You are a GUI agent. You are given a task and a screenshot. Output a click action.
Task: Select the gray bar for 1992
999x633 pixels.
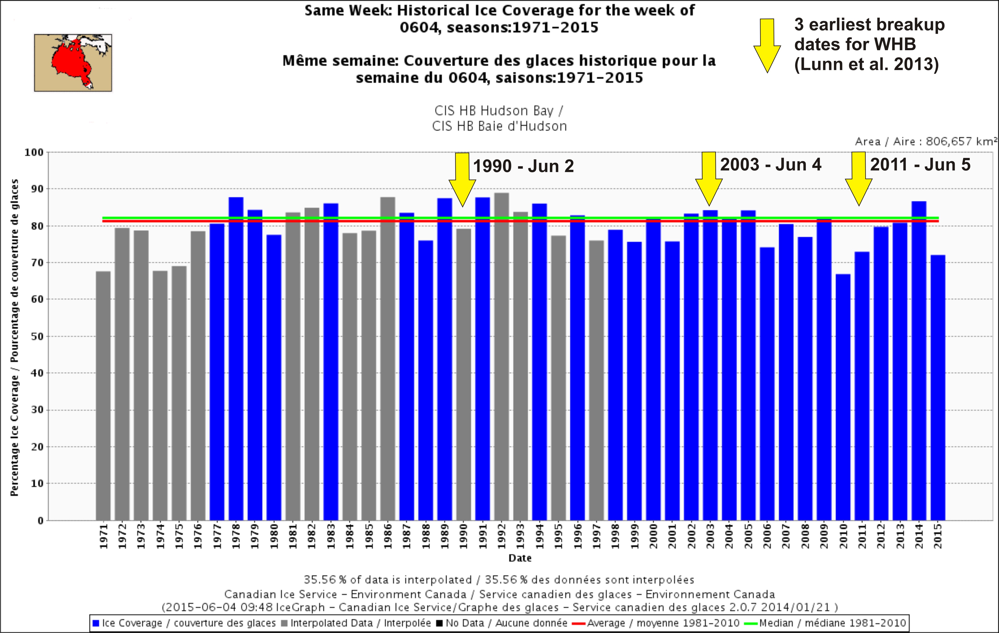point(502,356)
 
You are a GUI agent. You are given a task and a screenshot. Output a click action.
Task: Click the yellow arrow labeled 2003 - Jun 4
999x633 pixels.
point(709,178)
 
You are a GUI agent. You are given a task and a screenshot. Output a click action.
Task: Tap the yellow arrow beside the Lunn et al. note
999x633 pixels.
point(767,46)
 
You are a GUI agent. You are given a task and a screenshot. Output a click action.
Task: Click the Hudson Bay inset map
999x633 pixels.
point(73,63)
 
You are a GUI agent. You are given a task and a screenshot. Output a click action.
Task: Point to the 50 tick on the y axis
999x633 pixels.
point(38,336)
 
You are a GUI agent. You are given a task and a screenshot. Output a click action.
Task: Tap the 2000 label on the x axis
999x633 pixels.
point(654,536)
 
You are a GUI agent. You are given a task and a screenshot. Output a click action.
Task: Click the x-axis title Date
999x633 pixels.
point(520,558)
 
